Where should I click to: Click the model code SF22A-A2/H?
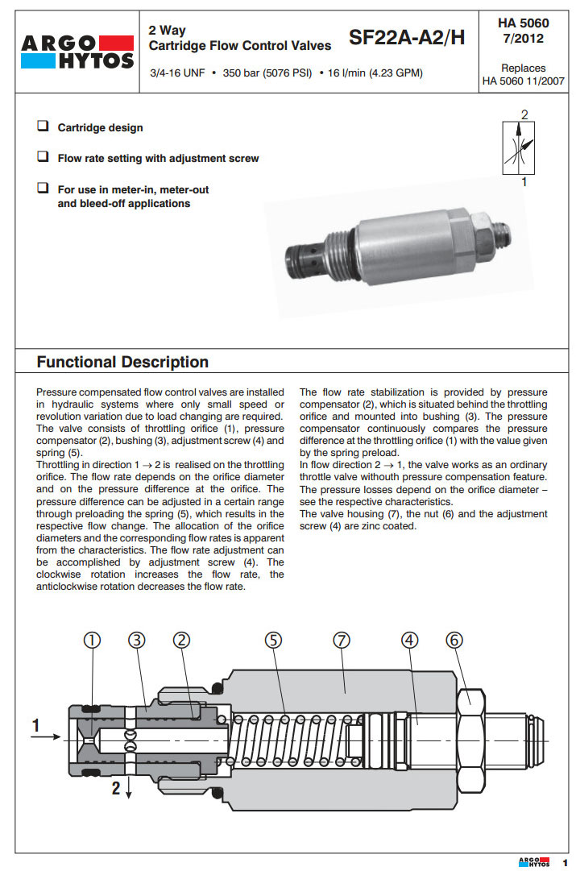click(407, 37)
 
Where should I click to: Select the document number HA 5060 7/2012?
click(524, 31)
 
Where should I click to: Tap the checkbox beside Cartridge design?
click(42, 127)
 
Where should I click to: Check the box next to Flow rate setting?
click(42, 158)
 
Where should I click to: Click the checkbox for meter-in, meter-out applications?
click(42, 189)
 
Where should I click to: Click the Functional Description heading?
click(122, 362)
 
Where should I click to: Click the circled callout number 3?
click(137, 640)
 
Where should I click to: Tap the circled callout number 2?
click(182, 640)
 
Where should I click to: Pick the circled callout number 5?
click(274, 640)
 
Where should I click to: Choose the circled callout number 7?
click(342, 640)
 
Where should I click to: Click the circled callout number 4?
click(410, 640)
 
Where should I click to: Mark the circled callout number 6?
click(455, 640)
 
